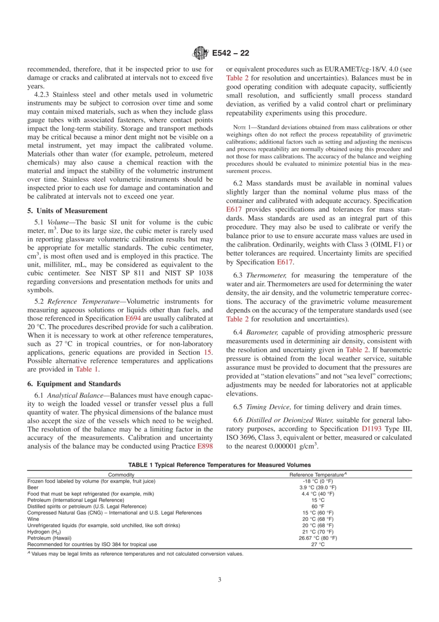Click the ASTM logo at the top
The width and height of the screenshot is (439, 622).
click(200, 53)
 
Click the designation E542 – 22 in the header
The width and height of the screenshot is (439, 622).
click(231, 53)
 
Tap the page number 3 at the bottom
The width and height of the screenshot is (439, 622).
click(219, 579)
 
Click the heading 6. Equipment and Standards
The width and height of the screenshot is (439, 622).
click(74, 384)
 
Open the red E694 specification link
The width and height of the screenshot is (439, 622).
click(134, 319)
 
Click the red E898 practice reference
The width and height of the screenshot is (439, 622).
click(205, 446)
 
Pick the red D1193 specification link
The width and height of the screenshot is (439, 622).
click(372, 429)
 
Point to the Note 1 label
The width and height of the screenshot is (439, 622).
click(242, 127)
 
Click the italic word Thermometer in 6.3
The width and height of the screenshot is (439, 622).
click(266, 276)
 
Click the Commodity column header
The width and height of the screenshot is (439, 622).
click(121, 475)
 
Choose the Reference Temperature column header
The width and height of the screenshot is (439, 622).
click(317, 475)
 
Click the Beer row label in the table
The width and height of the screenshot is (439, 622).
click(33, 487)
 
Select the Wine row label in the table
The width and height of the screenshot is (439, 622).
click(33, 519)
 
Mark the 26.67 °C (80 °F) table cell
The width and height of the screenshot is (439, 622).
click(317, 538)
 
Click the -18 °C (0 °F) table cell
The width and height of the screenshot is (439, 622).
click(317, 481)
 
